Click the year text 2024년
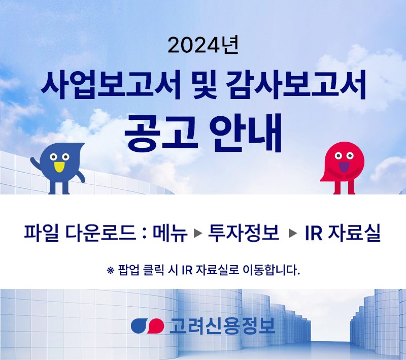click(x=203, y=45)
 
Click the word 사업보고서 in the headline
click(x=111, y=85)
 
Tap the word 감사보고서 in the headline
click(x=296, y=85)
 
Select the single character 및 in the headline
click(x=204, y=85)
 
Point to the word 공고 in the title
click(x=161, y=133)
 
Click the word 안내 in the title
click(x=246, y=133)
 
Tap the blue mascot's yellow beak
click(x=59, y=167)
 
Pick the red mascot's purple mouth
click(x=344, y=167)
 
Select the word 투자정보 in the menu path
click(x=244, y=233)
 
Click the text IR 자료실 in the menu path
click(x=343, y=233)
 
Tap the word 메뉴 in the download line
click(x=170, y=233)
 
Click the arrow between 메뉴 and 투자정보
click(x=198, y=233)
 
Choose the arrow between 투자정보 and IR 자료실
click(x=293, y=233)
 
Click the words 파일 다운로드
click(x=80, y=233)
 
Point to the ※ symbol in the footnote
click(x=111, y=271)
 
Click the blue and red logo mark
click(x=147, y=326)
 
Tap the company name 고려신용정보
click(x=222, y=326)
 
